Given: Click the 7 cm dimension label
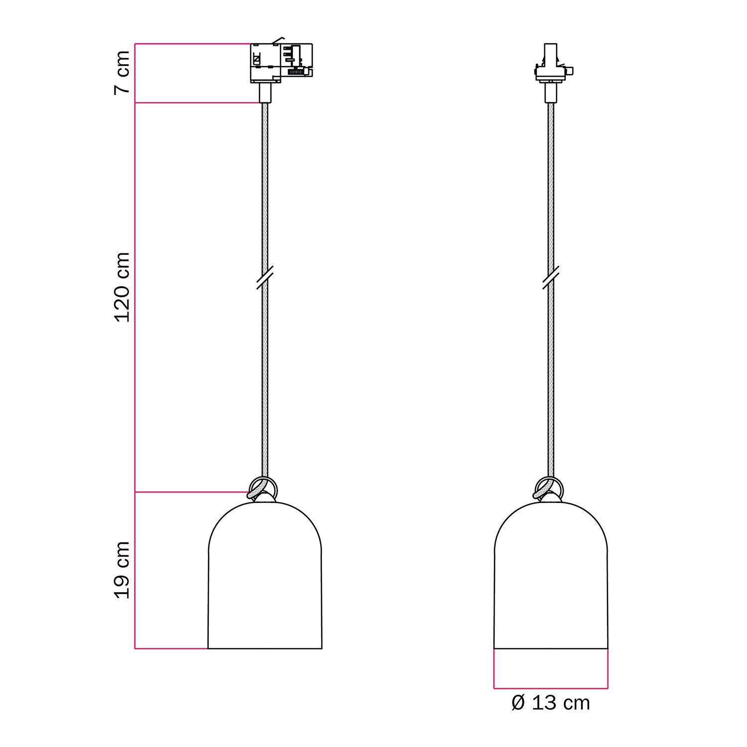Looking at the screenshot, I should point(123,73).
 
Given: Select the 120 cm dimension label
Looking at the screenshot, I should point(123,287).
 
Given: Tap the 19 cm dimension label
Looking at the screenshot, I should point(123,570).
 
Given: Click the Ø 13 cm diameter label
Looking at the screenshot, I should point(551,703).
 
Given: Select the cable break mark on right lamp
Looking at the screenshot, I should point(551,277).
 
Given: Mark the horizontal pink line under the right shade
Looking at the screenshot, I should point(551,689).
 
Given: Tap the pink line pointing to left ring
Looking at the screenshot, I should point(192,492).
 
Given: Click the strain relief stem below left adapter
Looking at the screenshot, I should point(265,93).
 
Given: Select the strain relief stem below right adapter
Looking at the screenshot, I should point(551,93).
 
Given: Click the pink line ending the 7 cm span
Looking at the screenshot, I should point(197,103).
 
